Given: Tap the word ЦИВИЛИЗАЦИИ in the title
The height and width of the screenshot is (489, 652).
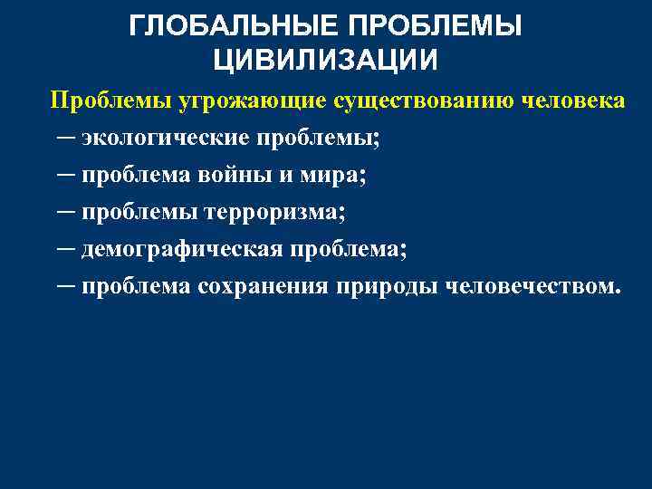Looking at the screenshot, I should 326,60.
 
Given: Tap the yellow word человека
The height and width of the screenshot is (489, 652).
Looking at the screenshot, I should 574,100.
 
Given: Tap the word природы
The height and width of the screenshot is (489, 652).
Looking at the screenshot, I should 389,287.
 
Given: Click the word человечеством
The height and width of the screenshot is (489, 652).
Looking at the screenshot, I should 531,287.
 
